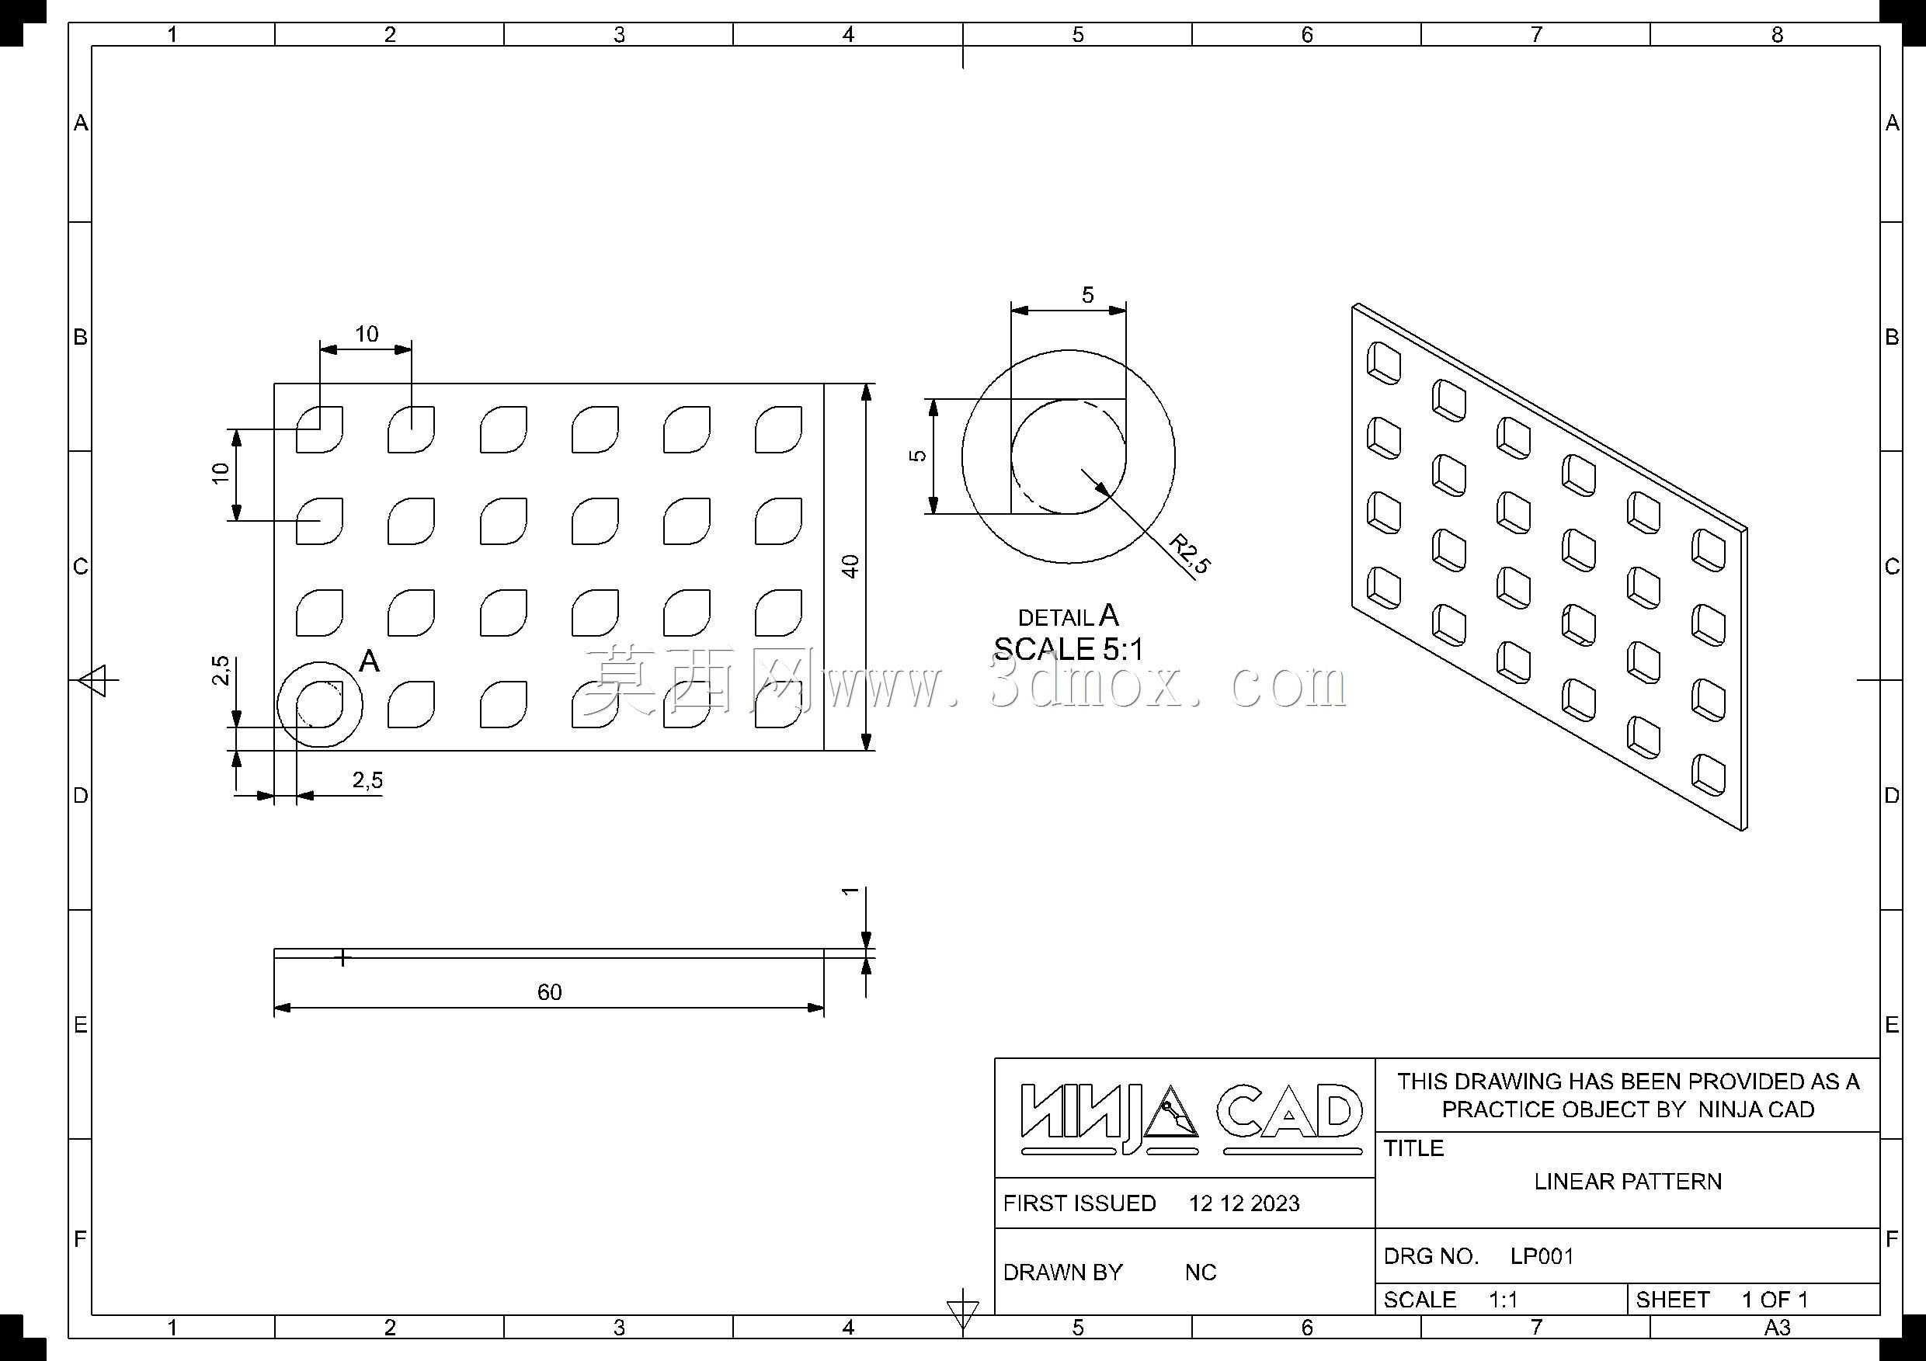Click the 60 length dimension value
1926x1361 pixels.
tap(549, 992)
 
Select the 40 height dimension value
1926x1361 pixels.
tap(850, 566)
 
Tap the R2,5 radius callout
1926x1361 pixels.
tap(1190, 554)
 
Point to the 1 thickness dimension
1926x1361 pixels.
tap(850, 891)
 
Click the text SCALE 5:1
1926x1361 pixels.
tap(1068, 649)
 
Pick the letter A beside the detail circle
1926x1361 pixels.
tap(369, 661)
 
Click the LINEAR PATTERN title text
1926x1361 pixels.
tap(1627, 1182)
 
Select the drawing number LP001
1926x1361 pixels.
tap(1542, 1256)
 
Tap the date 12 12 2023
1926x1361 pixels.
tap(1244, 1203)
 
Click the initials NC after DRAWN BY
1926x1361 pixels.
tap(1201, 1272)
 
